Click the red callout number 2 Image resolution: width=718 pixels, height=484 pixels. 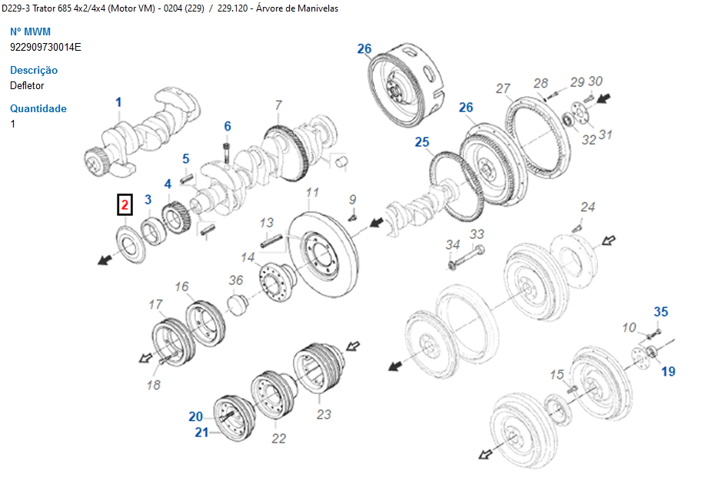(x=125, y=205)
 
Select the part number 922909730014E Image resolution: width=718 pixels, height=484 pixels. (x=45, y=47)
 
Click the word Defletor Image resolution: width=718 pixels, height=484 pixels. (x=27, y=85)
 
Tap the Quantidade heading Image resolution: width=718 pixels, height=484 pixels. (x=38, y=108)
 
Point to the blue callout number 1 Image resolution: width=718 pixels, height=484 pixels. (x=118, y=102)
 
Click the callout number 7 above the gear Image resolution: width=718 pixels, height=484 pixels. (x=278, y=104)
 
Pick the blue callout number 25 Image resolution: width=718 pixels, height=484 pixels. (x=422, y=142)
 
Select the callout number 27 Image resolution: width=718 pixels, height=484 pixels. (x=503, y=88)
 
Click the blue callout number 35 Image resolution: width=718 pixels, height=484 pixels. (x=661, y=312)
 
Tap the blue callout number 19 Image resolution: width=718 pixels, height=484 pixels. (x=668, y=372)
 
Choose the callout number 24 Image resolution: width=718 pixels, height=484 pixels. (x=587, y=207)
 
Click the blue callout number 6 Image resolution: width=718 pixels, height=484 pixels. (x=228, y=126)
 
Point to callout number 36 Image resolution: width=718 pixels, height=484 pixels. (x=236, y=280)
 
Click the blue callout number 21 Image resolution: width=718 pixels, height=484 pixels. (x=201, y=433)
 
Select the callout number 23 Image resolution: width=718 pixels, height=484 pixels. (x=324, y=414)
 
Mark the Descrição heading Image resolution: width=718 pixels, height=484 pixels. (x=34, y=70)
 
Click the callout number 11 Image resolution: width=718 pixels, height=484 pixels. (x=313, y=192)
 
